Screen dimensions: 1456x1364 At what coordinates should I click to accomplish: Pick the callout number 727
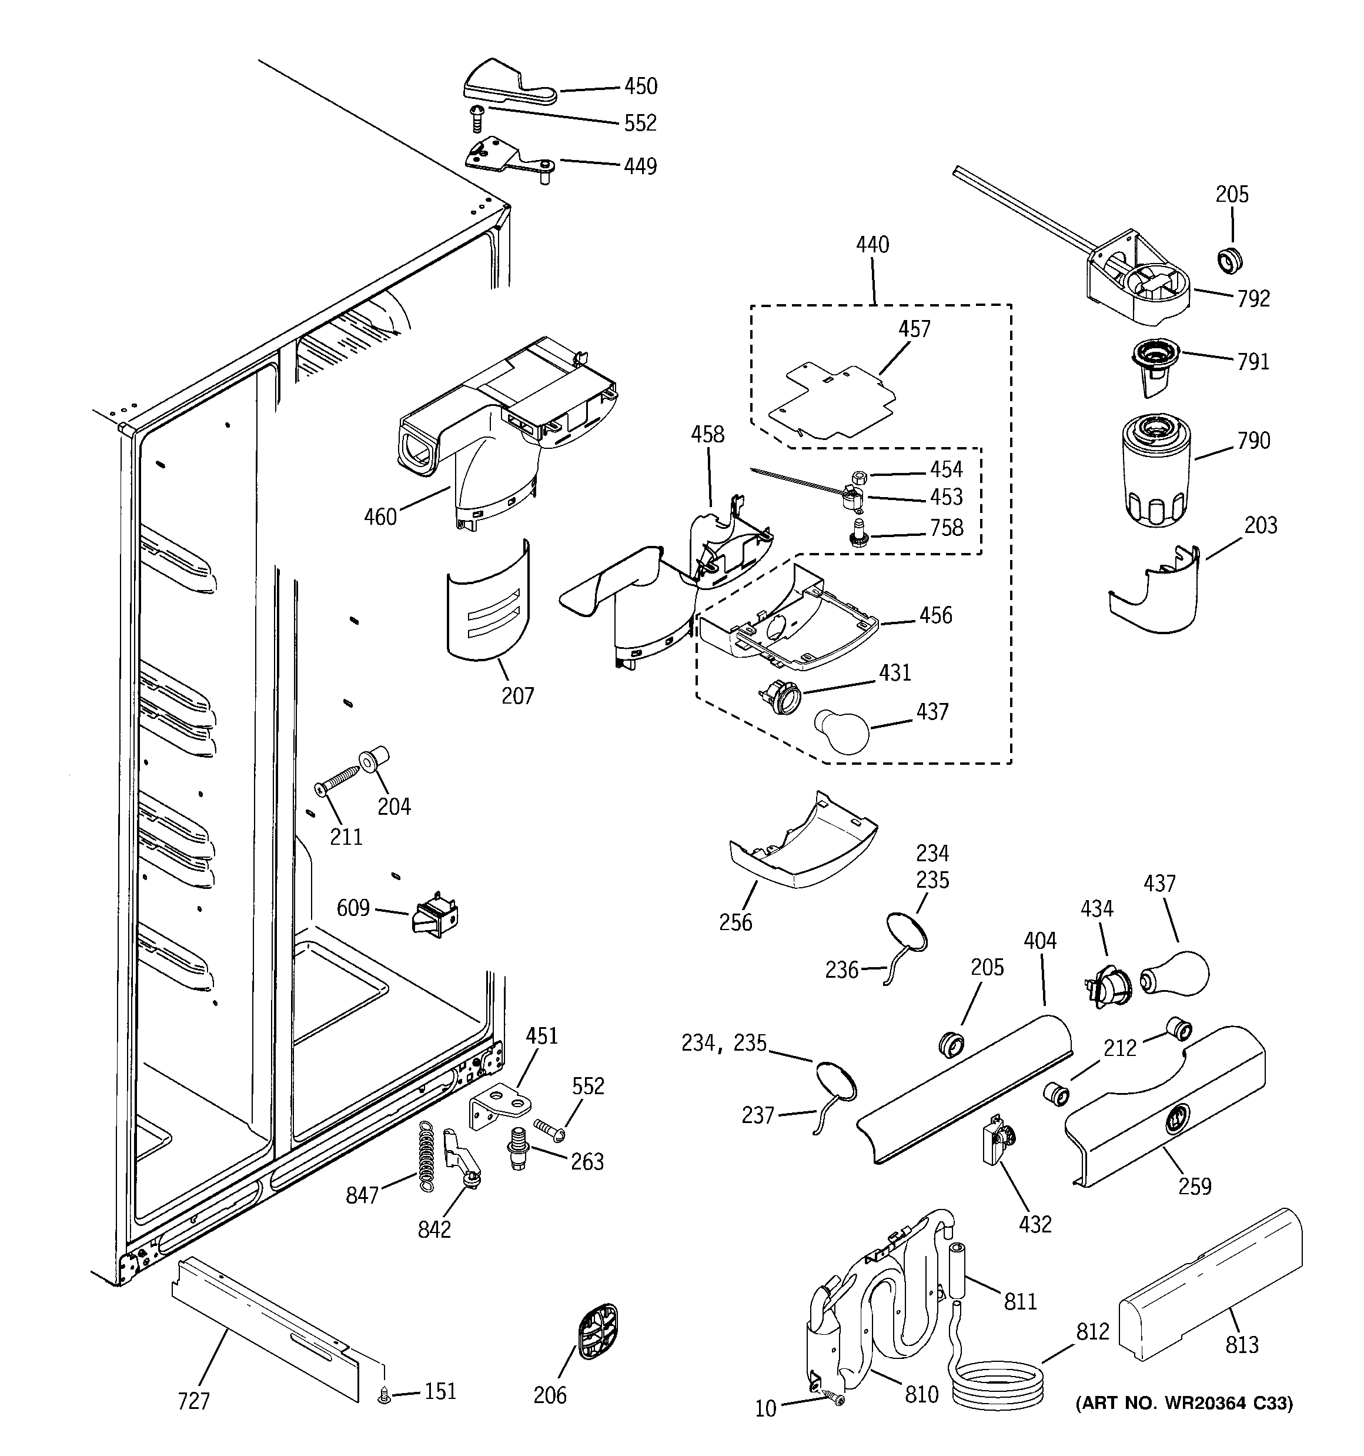(193, 1401)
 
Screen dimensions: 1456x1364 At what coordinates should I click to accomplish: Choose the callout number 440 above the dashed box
(872, 245)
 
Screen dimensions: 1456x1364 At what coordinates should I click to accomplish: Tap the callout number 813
(1242, 1345)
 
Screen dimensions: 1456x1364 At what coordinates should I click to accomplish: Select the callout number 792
(1253, 299)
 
